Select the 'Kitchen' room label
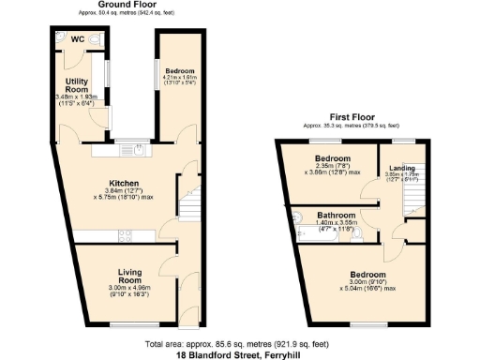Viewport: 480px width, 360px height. click(124, 183)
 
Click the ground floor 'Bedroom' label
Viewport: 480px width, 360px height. click(178, 70)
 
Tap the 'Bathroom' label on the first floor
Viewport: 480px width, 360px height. click(335, 214)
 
